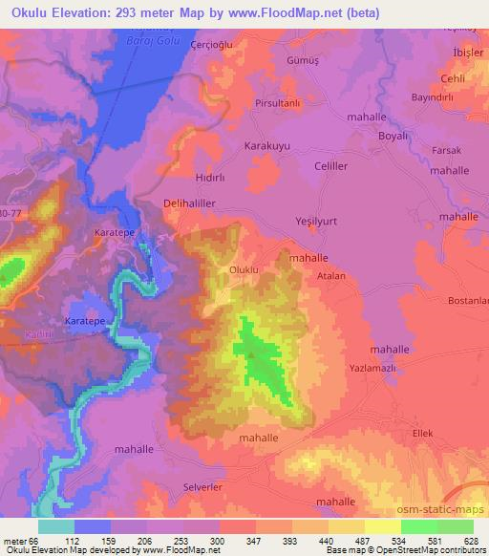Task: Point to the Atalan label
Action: (331, 277)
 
